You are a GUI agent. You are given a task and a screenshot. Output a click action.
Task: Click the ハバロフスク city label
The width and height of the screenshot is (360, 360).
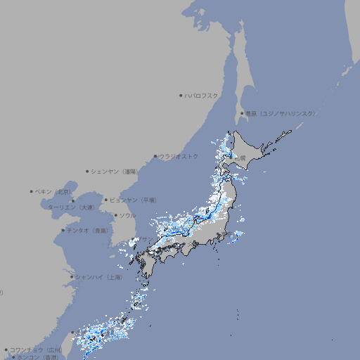coord(202,96)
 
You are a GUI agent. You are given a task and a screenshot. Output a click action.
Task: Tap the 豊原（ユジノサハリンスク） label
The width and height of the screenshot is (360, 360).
coord(280,113)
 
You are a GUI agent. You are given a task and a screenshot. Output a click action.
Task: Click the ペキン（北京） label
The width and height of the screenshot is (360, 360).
coord(53,191)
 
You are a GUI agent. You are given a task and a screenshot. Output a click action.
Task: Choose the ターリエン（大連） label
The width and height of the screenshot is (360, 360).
coord(70,207)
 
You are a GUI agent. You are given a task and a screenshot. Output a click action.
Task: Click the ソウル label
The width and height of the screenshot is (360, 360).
coord(127,215)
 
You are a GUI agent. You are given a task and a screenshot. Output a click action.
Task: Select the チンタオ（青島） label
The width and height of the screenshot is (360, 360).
coord(87,230)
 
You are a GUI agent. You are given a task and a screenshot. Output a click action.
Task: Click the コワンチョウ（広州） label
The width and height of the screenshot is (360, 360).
coord(35,349)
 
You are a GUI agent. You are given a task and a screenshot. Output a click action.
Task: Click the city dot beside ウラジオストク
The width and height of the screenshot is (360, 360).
coord(155,156)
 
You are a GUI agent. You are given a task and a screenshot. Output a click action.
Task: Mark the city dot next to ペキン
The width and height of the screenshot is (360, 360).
coord(31,191)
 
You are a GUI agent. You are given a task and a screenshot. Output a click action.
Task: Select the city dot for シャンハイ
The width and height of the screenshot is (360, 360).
coord(72,277)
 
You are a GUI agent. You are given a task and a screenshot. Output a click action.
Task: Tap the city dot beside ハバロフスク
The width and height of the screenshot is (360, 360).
coord(181,96)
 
